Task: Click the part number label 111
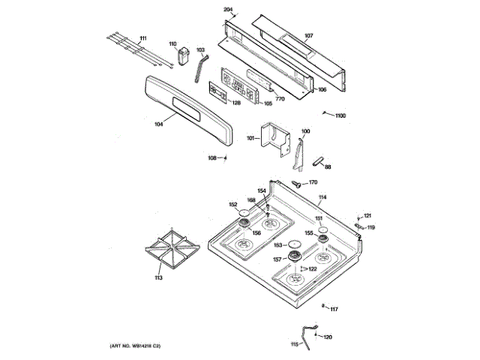pyautogui.click(x=143, y=38)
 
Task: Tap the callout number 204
pyautogui.click(x=229, y=10)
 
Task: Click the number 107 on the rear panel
pyautogui.click(x=308, y=36)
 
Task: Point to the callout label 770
pyautogui.click(x=280, y=99)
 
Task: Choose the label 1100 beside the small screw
pyautogui.click(x=340, y=115)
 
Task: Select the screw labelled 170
pyautogui.click(x=297, y=182)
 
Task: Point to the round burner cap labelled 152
pyautogui.click(x=244, y=214)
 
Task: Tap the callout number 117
pyautogui.click(x=334, y=309)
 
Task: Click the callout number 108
pyautogui.click(x=212, y=157)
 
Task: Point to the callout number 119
pyautogui.click(x=370, y=227)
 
